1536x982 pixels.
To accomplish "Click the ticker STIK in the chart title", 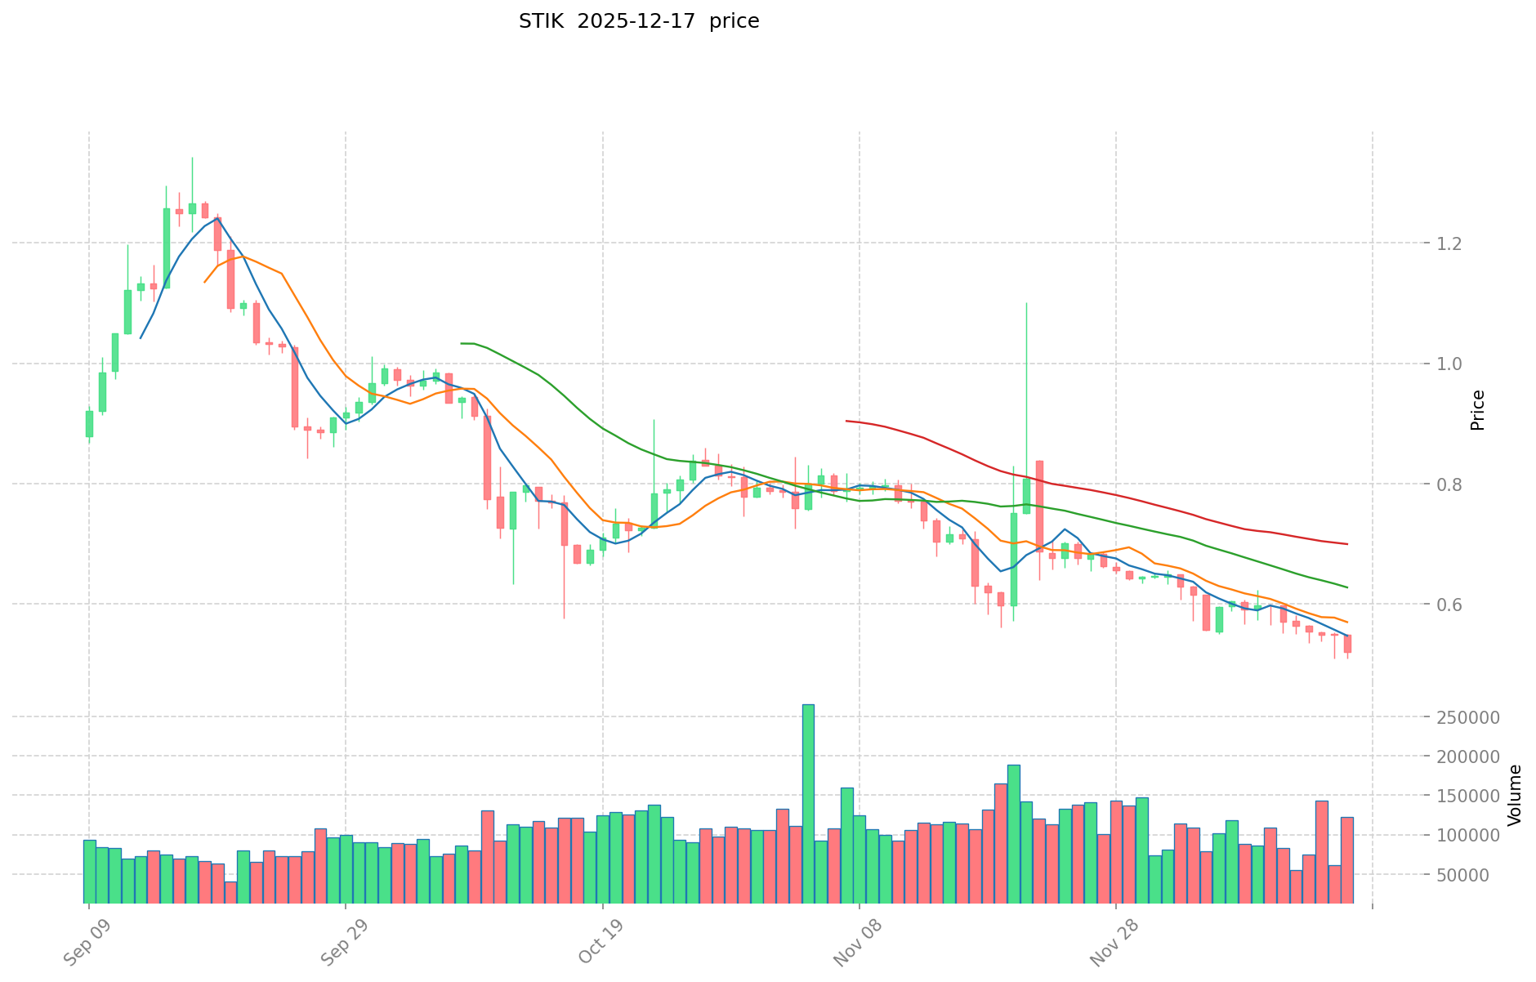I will tap(541, 21).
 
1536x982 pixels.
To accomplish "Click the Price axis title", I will tap(1477, 410).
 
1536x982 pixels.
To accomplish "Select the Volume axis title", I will tap(1515, 795).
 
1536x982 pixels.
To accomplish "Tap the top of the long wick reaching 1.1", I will tap(1026, 303).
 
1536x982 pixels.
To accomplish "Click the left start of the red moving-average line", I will tap(846, 421).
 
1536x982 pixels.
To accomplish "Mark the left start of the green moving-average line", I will tap(462, 343).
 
